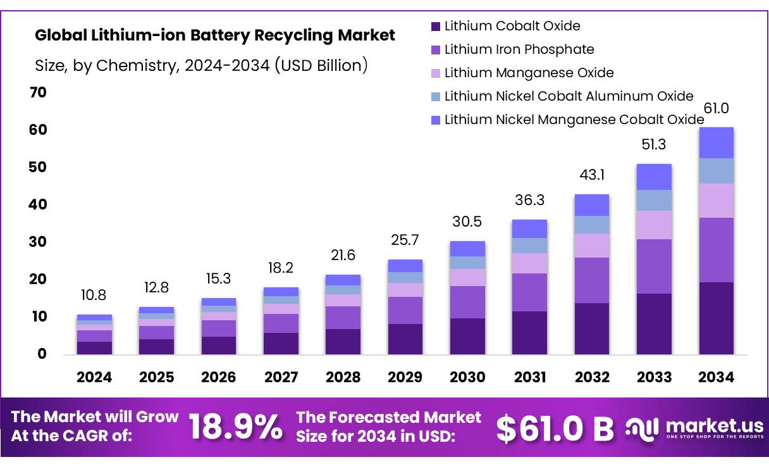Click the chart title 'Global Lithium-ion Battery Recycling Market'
coord(215,35)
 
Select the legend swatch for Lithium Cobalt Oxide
coord(435,27)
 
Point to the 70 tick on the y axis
coord(38,92)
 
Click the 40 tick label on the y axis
coord(38,204)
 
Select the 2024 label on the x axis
coord(94,377)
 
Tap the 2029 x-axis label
coord(405,377)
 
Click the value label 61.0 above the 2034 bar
coord(716,108)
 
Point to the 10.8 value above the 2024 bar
coord(94,296)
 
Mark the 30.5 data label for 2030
coord(467,222)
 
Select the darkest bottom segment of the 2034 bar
coord(716,318)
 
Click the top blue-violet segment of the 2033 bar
coord(654,177)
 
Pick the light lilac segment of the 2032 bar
coord(592,245)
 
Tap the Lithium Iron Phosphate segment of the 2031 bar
coord(530,292)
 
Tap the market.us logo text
coord(715,425)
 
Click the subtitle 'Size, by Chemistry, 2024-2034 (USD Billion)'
coord(201,65)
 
